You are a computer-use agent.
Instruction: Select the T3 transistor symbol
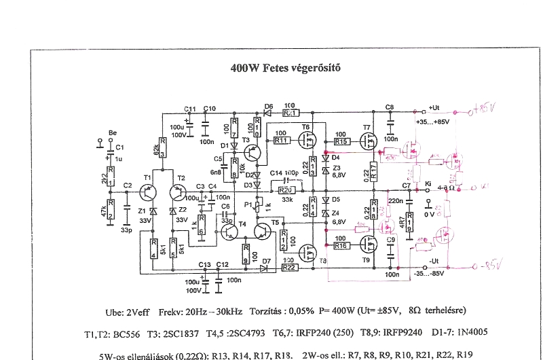point(252,153)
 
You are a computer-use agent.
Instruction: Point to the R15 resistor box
point(341,142)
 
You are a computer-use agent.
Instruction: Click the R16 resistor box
point(341,245)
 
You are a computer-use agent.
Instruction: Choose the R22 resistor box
point(288,268)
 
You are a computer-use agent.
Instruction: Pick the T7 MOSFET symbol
point(371,141)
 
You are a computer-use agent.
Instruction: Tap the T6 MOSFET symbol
point(307,141)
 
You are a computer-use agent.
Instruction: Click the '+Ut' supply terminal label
point(436,108)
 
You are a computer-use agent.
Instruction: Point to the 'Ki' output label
point(428,183)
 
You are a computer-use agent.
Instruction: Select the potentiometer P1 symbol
point(257,204)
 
